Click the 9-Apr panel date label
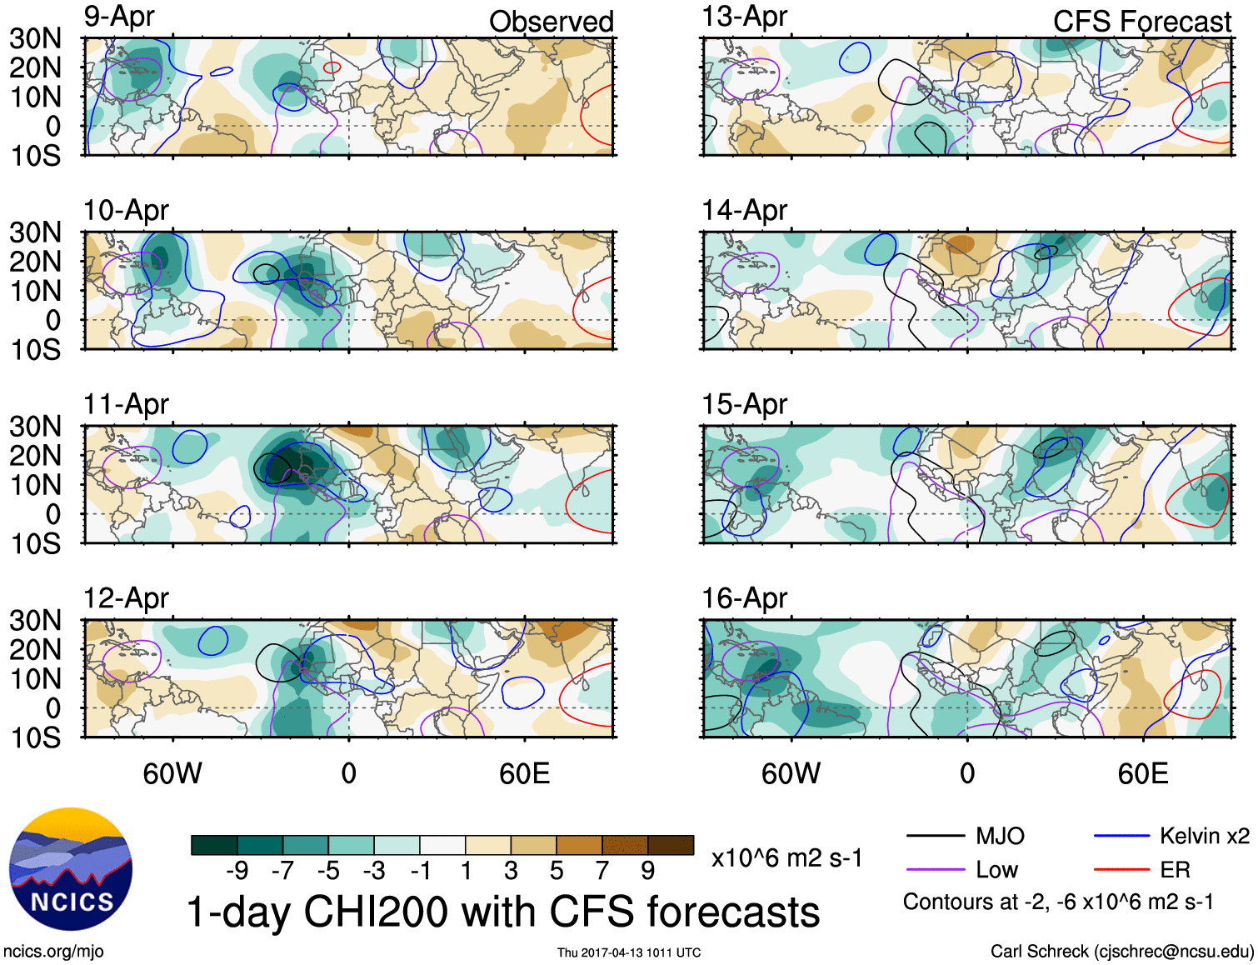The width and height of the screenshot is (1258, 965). (x=119, y=17)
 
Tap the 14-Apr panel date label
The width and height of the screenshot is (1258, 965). (x=744, y=211)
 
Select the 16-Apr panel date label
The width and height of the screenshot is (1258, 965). (x=744, y=598)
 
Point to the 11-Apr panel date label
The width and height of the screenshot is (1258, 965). (x=126, y=405)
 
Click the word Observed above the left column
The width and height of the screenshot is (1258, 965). (x=551, y=22)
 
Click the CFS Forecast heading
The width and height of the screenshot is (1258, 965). (x=1141, y=22)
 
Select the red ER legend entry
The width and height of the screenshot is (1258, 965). (x=1175, y=870)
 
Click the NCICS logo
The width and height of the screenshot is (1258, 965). (x=71, y=869)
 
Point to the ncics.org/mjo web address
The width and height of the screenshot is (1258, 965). (x=53, y=951)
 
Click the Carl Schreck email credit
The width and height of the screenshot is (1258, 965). (x=1121, y=951)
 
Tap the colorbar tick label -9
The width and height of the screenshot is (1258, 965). (x=237, y=871)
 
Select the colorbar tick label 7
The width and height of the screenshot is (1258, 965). (x=602, y=871)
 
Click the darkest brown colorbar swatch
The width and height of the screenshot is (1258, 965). (x=671, y=845)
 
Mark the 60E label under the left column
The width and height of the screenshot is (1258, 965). (x=524, y=773)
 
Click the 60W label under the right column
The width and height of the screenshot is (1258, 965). (x=791, y=773)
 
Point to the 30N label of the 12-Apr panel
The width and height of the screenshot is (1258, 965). (x=35, y=620)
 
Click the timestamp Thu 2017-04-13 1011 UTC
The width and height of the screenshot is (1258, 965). (x=629, y=952)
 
